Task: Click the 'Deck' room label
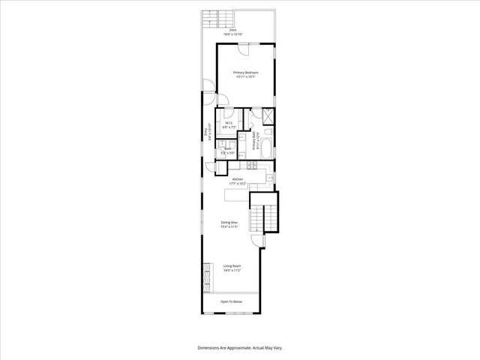pos(233,30)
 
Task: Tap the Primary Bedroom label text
pos(245,73)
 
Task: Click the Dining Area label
pos(230,222)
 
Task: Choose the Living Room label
pos(231,265)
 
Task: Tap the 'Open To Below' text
pos(231,301)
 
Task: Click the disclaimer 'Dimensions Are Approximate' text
pos(239,348)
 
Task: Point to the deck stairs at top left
pos(218,16)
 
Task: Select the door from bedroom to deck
pos(244,48)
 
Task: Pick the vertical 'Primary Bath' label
pos(255,141)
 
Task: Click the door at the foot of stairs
pos(256,241)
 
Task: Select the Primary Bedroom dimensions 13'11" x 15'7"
pos(245,77)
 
